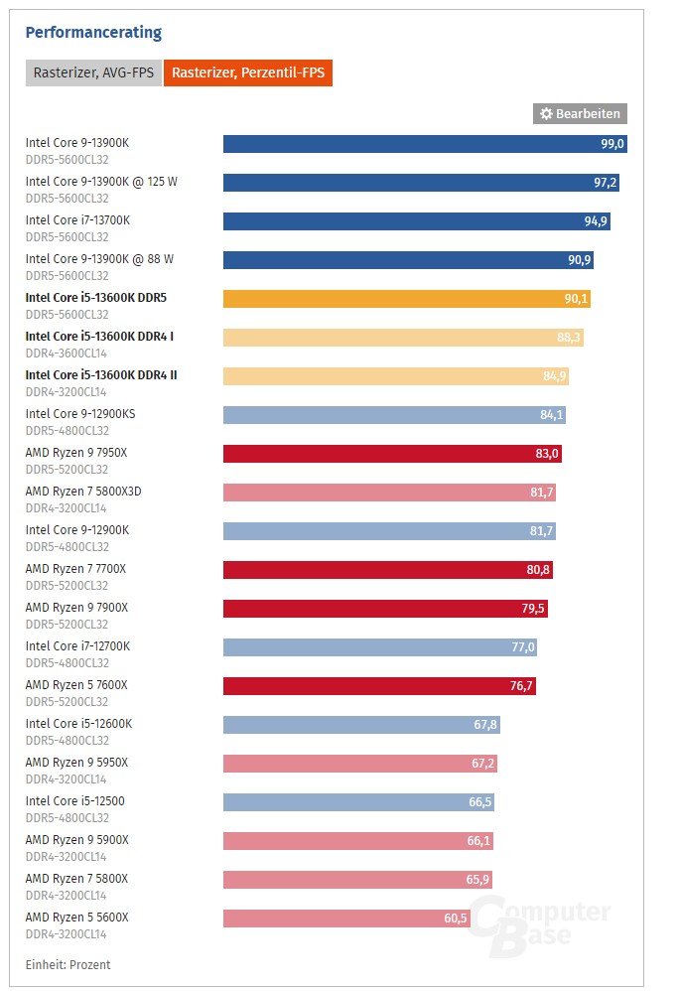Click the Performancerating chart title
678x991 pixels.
coord(93,33)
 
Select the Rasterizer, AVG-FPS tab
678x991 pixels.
coord(93,72)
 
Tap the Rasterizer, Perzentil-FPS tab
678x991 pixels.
coord(248,72)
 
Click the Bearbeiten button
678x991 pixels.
coord(580,114)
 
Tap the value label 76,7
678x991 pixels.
coord(521,686)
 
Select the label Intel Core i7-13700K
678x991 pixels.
coord(77,219)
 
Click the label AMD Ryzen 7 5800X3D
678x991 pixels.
coord(90,491)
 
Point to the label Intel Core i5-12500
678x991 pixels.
coord(75,800)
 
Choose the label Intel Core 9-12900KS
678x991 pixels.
coord(80,413)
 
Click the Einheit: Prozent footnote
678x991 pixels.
coord(68,964)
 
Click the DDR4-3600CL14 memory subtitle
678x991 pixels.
coord(66,353)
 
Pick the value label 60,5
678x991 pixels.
coord(456,919)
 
